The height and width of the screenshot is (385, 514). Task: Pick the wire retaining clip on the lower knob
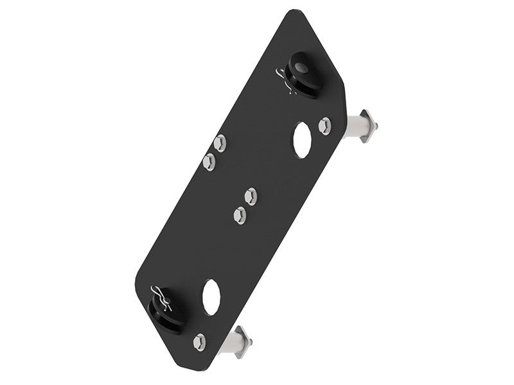[159, 296]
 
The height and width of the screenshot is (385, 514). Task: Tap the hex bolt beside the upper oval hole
[325, 125]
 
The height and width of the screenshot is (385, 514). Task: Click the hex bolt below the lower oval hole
[200, 341]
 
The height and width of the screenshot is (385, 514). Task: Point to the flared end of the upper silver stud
[371, 126]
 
